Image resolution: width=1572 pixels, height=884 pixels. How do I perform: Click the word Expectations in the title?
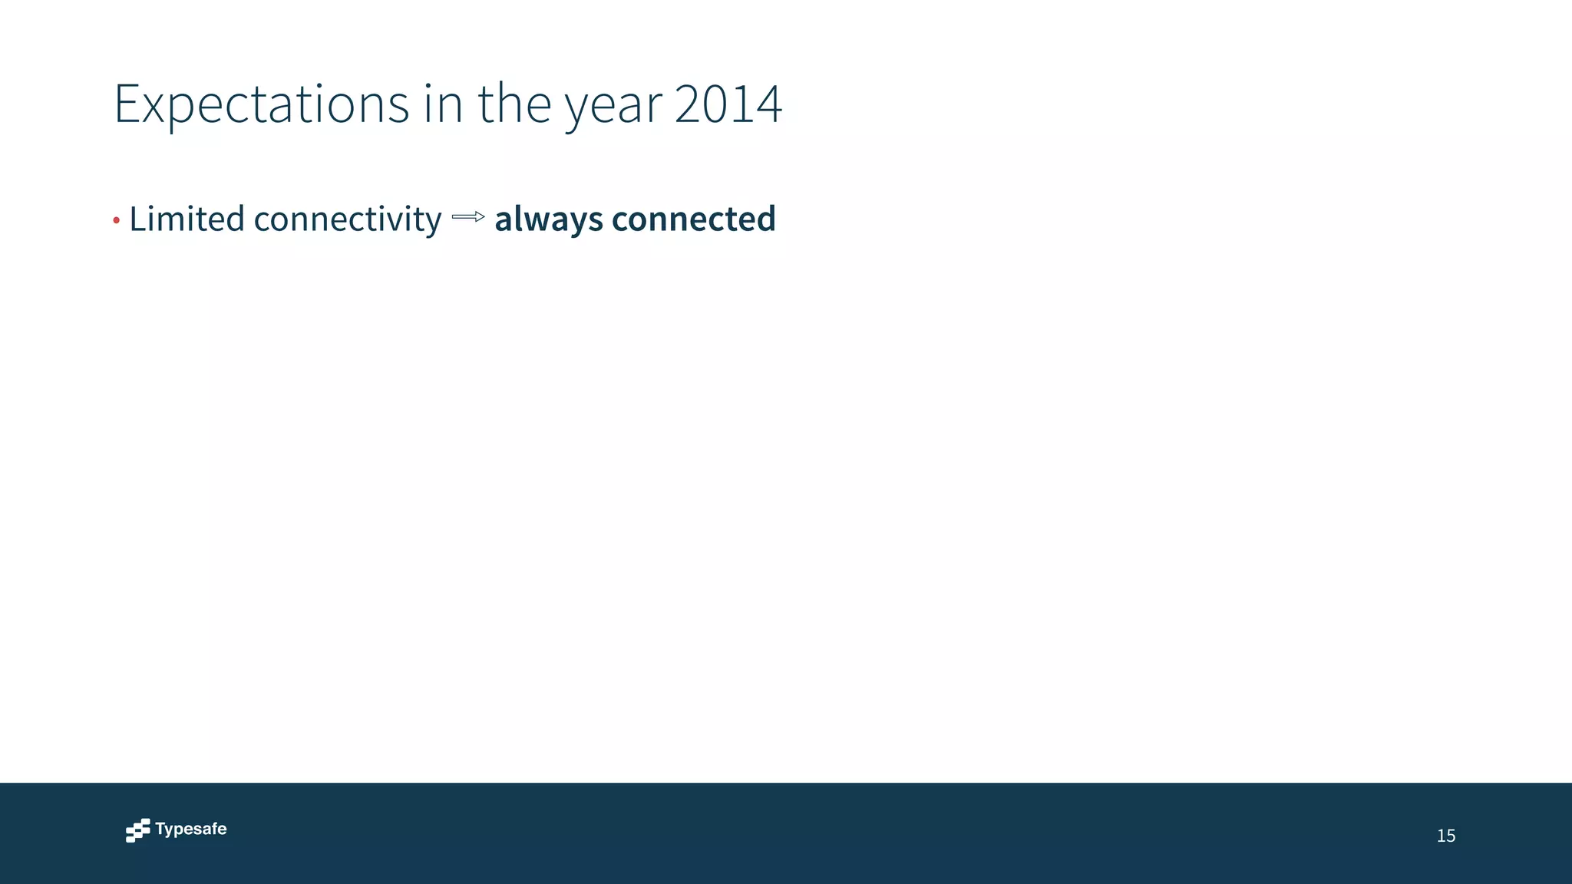(261, 104)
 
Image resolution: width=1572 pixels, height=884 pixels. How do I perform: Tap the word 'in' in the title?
(443, 104)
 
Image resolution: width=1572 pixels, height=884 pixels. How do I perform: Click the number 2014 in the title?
(728, 104)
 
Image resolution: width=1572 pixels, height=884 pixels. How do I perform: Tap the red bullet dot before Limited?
(117, 222)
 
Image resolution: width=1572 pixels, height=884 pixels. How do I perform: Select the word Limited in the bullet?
(187, 219)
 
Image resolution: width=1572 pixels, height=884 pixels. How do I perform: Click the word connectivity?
(347, 220)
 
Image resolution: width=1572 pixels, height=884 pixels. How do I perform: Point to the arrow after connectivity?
(468, 217)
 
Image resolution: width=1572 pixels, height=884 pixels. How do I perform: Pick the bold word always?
(548, 220)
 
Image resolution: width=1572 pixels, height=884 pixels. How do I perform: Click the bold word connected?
(693, 219)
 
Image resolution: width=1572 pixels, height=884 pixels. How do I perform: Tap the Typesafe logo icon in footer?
(138, 830)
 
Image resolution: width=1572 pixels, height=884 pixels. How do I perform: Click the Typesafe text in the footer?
(190, 829)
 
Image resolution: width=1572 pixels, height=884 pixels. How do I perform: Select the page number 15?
(1445, 836)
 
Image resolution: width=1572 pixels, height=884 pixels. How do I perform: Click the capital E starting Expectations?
(127, 104)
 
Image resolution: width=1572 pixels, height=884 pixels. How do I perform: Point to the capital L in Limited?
(138, 219)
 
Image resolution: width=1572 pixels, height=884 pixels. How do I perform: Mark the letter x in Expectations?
(155, 107)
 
